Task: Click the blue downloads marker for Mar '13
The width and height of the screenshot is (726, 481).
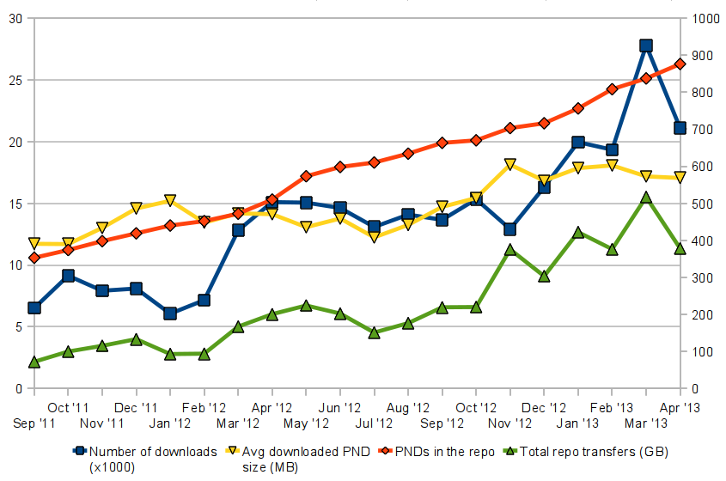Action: [646, 46]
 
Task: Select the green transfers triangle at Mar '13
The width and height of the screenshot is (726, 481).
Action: [646, 198]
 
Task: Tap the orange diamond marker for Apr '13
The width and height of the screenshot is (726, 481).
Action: [680, 64]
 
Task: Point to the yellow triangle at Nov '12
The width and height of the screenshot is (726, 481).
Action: [510, 164]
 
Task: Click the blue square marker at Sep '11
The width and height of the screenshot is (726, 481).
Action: [34, 307]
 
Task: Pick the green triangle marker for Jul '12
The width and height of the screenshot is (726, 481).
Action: [374, 332]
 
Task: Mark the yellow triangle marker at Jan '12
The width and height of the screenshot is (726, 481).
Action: [170, 201]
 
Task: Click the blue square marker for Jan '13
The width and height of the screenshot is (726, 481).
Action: [578, 143]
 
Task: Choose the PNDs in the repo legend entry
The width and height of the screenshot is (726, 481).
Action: [440, 452]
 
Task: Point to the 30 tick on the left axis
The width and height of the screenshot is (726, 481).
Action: [15, 18]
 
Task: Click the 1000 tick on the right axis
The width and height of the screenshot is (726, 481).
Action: [702, 18]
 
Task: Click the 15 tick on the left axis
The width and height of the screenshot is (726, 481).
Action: [15, 204]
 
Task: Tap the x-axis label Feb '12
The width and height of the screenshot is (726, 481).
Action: [204, 407]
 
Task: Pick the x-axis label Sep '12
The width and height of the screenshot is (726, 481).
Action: [442, 423]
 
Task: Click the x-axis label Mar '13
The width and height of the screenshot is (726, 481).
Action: [646, 423]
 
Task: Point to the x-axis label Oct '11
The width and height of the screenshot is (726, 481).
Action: [69, 407]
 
